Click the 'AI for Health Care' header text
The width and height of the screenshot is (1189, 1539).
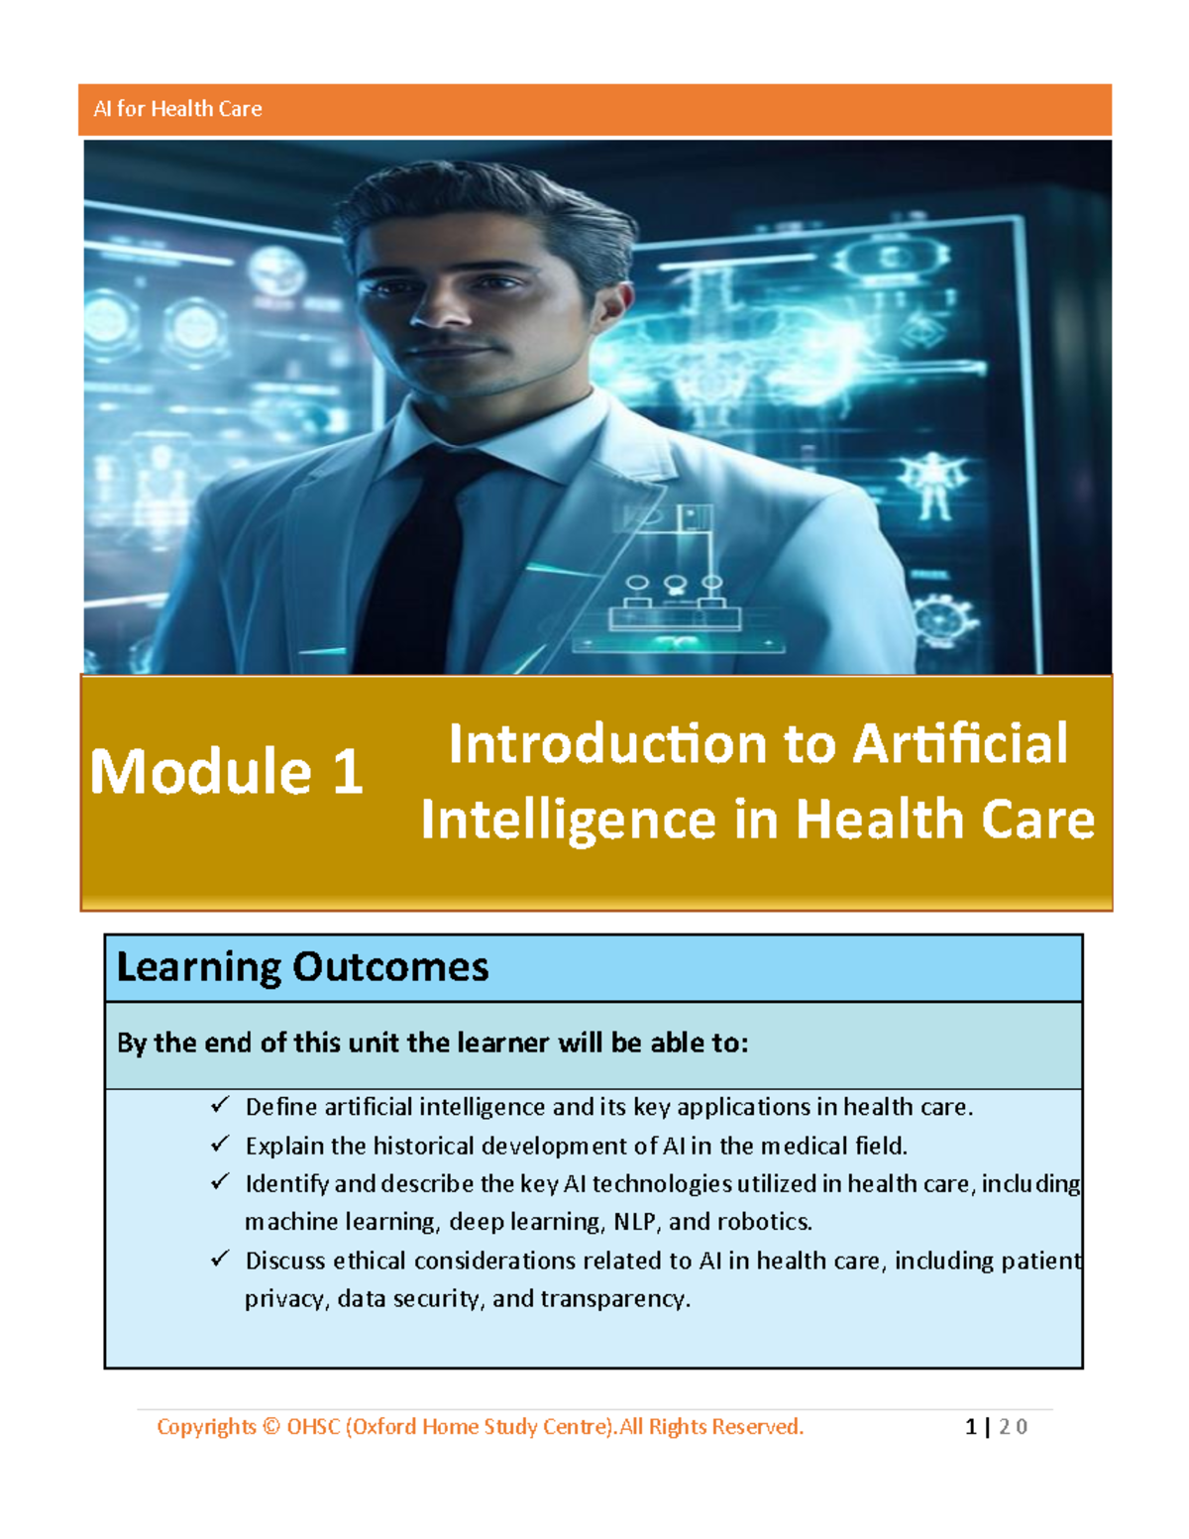point(177,109)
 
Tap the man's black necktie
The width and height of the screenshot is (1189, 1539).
point(418,560)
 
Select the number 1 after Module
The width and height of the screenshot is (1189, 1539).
point(347,771)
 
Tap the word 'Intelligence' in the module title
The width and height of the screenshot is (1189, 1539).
point(569,820)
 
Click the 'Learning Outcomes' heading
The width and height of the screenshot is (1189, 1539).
point(302,967)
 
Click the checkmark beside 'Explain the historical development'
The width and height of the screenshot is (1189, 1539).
point(220,1143)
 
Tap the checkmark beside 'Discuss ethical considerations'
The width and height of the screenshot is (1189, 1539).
point(220,1258)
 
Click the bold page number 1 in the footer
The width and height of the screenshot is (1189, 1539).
point(971,1427)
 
